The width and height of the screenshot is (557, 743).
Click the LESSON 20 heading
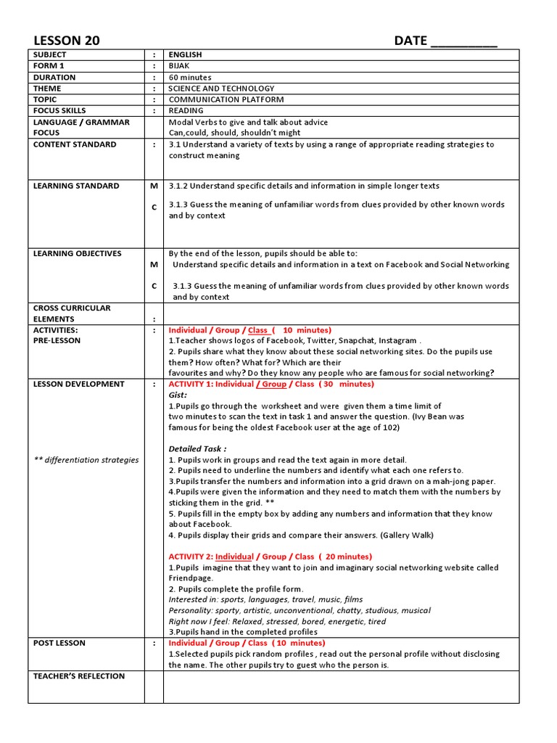(x=67, y=41)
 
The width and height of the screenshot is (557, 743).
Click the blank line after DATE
(x=463, y=42)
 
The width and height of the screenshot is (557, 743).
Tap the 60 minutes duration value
(x=190, y=78)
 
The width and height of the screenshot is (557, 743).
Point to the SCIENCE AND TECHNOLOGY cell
(x=221, y=89)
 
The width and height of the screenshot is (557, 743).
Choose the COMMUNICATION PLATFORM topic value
(x=226, y=99)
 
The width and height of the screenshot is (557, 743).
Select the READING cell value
(x=186, y=111)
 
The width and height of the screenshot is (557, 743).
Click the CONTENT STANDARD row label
(x=75, y=144)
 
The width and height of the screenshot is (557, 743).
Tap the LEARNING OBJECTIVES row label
(x=78, y=253)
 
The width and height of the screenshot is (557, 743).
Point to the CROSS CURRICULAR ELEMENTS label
(x=72, y=313)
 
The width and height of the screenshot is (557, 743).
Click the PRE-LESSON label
(x=57, y=340)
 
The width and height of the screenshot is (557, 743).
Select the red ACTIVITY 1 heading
(x=271, y=384)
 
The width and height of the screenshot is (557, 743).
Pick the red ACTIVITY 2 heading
(x=269, y=557)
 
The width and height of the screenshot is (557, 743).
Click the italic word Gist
(x=178, y=395)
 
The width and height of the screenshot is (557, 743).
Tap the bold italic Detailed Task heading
(x=197, y=449)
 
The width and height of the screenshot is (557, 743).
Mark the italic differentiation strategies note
(x=86, y=459)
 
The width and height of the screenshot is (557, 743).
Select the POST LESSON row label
(x=59, y=643)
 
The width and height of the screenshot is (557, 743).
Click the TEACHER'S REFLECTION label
(x=79, y=676)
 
